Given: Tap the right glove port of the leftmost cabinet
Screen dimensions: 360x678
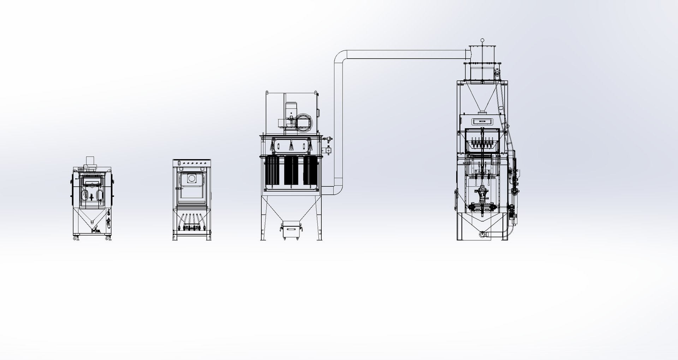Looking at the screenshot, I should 100,195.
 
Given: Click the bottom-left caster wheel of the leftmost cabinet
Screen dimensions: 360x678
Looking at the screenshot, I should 75,239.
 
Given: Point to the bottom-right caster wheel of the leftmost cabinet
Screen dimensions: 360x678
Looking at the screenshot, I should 107,239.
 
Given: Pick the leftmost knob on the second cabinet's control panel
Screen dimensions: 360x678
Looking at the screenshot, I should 179,163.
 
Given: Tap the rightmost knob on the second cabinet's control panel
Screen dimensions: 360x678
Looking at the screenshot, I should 206,163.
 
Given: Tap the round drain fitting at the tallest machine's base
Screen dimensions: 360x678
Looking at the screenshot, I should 482,233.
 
